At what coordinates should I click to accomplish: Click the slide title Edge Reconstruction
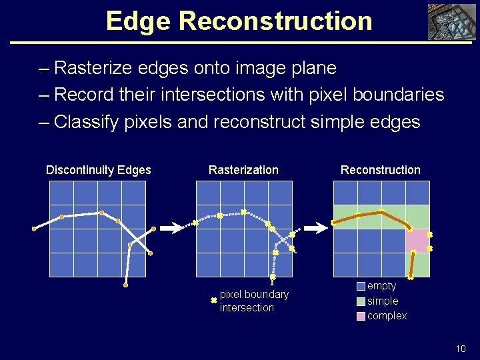click(239, 21)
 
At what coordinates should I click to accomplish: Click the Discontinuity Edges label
click(98, 170)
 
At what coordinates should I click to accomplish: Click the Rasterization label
click(243, 170)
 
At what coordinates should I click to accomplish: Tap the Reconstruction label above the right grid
click(380, 170)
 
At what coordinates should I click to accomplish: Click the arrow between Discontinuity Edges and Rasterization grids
click(172, 228)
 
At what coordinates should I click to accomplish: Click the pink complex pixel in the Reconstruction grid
click(417, 241)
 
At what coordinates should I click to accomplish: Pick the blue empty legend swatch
click(361, 286)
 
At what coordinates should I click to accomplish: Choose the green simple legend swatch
click(361, 301)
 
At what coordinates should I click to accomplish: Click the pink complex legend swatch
click(361, 316)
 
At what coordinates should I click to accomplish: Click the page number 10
click(460, 348)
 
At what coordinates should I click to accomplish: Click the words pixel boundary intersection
click(254, 301)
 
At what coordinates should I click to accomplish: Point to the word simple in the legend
click(383, 301)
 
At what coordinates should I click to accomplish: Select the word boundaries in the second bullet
click(405, 95)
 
